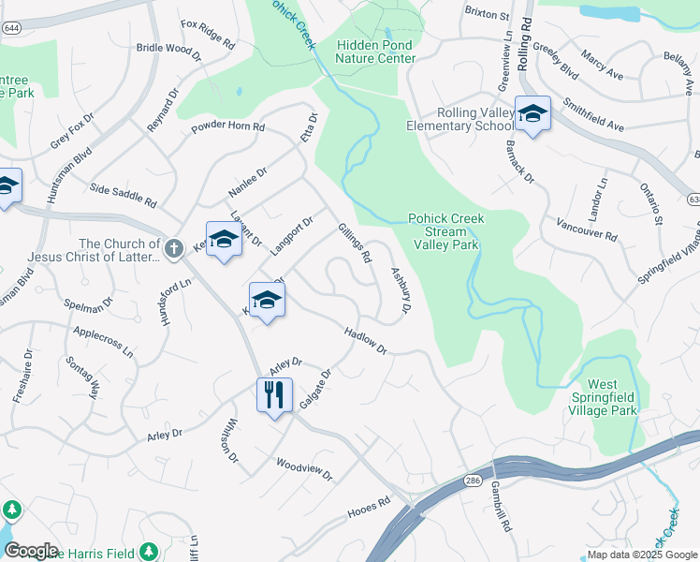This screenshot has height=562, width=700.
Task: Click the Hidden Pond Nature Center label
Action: click(x=375, y=52)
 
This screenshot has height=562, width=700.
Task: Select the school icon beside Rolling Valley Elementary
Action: click(x=532, y=114)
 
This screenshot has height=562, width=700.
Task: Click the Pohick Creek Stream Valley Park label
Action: click(x=445, y=231)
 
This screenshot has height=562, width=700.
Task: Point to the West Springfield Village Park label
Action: click(x=613, y=397)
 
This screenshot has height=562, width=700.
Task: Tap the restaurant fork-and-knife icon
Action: click(x=274, y=394)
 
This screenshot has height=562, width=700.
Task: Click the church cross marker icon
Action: click(x=173, y=249)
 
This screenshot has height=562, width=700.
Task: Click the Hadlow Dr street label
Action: click(x=365, y=341)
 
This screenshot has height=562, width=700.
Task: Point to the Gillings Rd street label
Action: click(x=356, y=243)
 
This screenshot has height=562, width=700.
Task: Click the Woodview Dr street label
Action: click(x=304, y=468)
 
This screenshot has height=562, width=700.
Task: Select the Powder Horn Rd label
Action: click(x=228, y=126)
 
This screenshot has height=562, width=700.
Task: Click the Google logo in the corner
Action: click(x=31, y=551)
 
